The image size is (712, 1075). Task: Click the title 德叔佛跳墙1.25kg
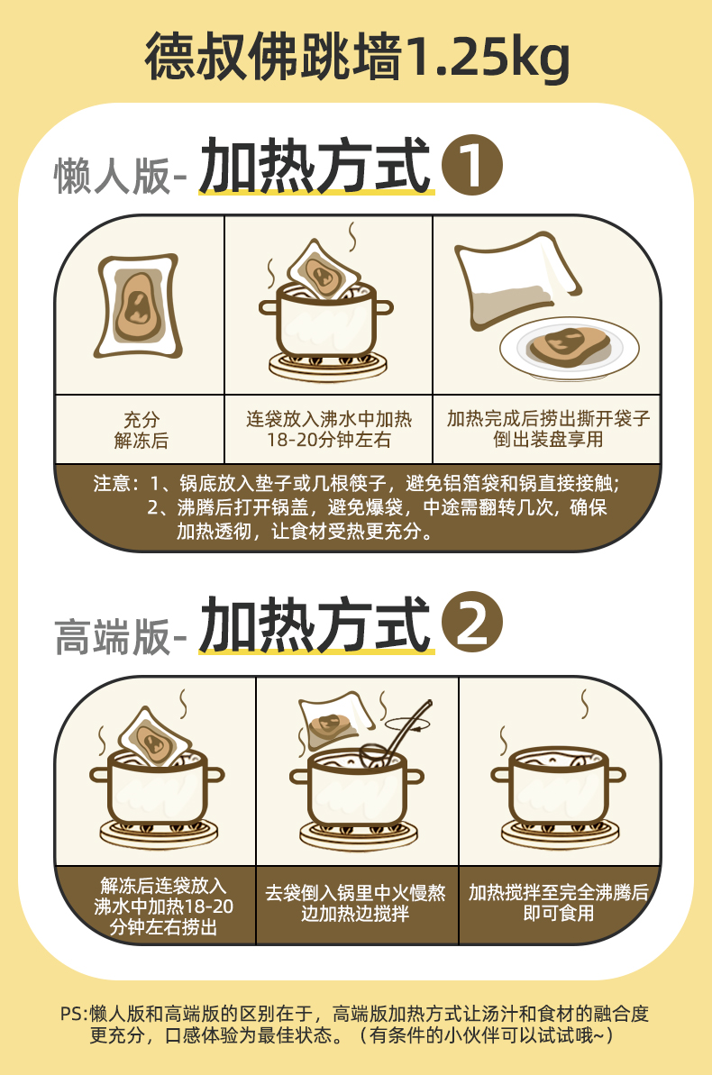(357, 57)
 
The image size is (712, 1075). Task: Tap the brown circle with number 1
(472, 165)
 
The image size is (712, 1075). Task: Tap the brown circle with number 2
(472, 623)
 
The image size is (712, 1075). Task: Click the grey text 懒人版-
(121, 177)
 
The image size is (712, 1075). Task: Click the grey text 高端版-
(121, 636)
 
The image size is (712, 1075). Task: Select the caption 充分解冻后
(141, 430)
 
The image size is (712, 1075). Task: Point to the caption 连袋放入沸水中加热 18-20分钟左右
(329, 429)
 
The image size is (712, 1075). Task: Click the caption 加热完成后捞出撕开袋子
(549, 418)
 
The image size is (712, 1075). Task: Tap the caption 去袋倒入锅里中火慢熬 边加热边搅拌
(355, 903)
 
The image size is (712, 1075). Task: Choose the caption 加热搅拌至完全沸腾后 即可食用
(559, 903)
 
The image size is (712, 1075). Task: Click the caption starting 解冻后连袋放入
(163, 906)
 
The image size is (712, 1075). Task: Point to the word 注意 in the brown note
(112, 483)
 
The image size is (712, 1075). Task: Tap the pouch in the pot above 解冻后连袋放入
(155, 738)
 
